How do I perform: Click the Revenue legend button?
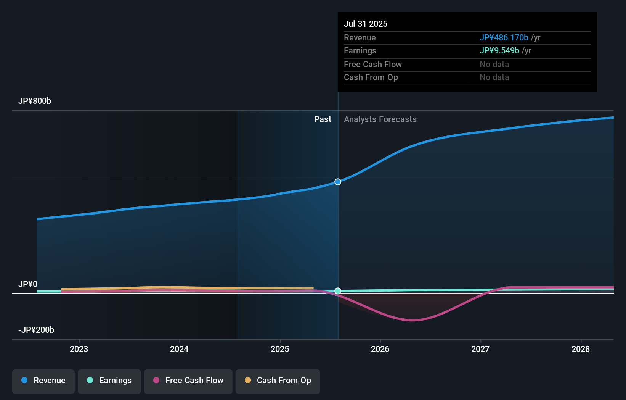coord(43,381)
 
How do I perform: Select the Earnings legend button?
coord(109,381)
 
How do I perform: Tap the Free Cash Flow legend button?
coord(188,381)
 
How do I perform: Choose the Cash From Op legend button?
coord(278,381)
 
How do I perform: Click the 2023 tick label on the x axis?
coord(79,349)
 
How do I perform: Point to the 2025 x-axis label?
coord(280,349)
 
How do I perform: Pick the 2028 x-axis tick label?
coord(581,349)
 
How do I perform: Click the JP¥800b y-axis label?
coord(35,101)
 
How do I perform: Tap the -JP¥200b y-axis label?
coord(36,330)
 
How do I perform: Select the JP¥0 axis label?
coord(28,284)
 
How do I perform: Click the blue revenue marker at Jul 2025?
coord(338,182)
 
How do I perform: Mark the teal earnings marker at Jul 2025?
coord(338,291)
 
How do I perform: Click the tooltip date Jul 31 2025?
coord(366,24)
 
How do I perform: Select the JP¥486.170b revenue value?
coord(504,37)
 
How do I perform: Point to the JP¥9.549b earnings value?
coord(499,50)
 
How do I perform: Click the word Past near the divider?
coord(323,119)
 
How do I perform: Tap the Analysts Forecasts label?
coord(380,119)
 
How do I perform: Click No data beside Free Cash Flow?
coord(494,64)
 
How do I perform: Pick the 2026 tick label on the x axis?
coord(380,349)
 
